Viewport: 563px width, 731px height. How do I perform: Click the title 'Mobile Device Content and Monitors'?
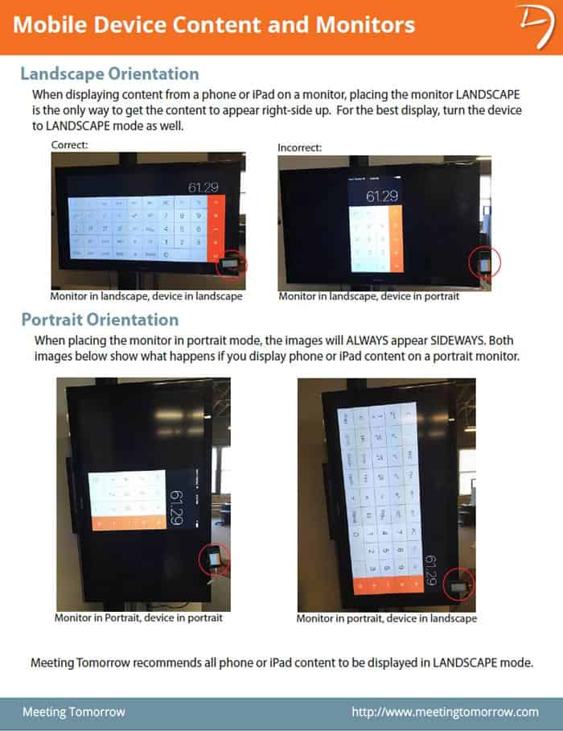tap(214, 24)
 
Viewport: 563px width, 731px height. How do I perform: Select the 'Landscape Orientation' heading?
tap(109, 74)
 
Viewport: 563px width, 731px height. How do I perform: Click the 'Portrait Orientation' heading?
tap(100, 320)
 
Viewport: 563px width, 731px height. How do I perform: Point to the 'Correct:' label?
tap(69, 145)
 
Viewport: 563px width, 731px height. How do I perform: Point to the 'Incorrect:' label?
tap(299, 148)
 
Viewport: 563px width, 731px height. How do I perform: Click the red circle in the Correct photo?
tap(234, 263)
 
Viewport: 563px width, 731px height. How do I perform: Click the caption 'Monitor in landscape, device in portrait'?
tap(369, 296)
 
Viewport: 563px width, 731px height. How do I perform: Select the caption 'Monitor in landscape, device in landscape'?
tap(146, 296)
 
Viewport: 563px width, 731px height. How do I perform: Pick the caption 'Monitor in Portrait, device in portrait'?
tap(138, 618)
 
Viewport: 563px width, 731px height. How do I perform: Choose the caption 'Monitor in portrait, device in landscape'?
tap(386, 619)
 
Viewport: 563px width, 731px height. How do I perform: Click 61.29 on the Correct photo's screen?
tap(203, 188)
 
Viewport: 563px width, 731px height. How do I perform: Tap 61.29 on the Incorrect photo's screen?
tap(382, 196)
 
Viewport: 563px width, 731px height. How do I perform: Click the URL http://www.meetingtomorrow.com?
tap(445, 712)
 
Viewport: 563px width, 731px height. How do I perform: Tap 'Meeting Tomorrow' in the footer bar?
tap(73, 712)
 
